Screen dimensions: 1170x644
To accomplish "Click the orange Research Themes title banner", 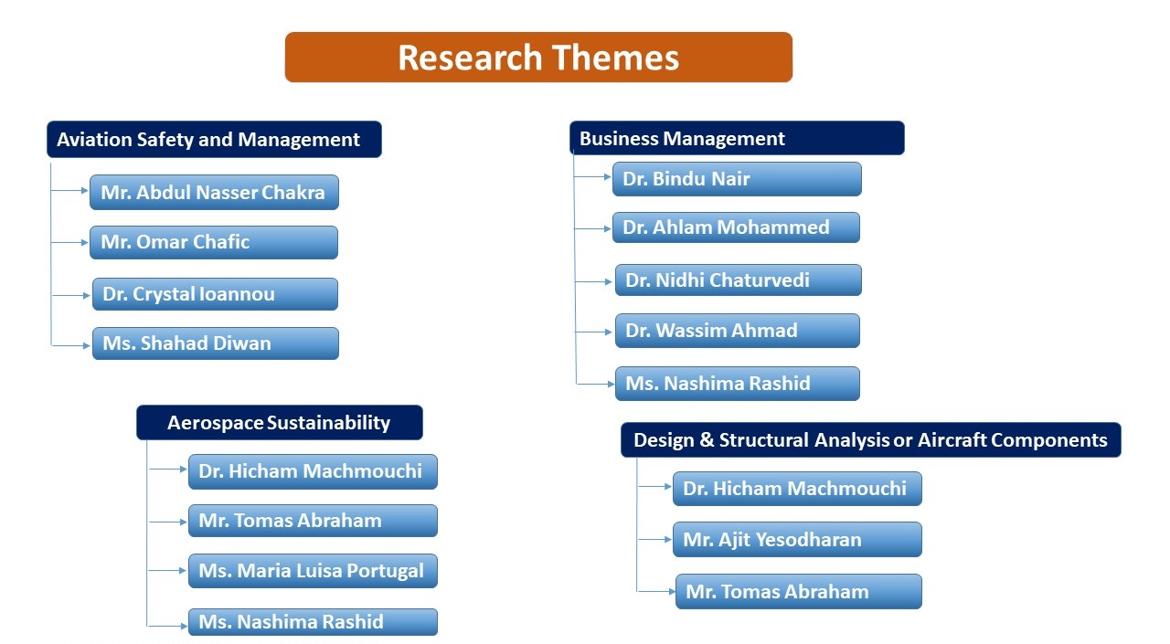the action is [538, 57].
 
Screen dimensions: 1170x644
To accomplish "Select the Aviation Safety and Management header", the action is [214, 140].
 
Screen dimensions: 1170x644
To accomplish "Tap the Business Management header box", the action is [737, 138].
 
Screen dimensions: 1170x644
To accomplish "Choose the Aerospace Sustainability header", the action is [280, 422].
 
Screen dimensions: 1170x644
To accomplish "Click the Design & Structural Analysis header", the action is [871, 440].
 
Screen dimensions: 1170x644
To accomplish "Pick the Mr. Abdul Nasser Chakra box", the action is [214, 192].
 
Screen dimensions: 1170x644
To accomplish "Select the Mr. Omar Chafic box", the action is [214, 242].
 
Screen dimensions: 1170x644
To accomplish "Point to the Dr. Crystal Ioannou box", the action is [215, 294].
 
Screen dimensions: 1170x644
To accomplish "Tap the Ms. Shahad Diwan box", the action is [216, 343].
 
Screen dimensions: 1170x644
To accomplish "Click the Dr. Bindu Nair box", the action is [737, 179].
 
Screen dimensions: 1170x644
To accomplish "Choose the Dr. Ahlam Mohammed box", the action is [736, 227].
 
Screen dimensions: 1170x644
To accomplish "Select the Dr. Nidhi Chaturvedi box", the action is [739, 280].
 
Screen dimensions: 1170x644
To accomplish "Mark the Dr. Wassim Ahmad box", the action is [738, 331].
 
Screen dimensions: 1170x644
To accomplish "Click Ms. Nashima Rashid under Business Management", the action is [738, 384].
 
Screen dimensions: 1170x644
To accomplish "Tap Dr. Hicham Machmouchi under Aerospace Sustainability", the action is [313, 471].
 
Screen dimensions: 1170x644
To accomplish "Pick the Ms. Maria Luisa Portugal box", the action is [313, 571].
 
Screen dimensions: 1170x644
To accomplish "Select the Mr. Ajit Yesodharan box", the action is [797, 539].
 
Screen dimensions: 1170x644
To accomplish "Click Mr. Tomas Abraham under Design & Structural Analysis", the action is [799, 591].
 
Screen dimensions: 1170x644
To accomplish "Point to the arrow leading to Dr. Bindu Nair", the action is [593, 177].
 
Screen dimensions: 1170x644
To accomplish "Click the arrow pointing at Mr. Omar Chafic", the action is [70, 243].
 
